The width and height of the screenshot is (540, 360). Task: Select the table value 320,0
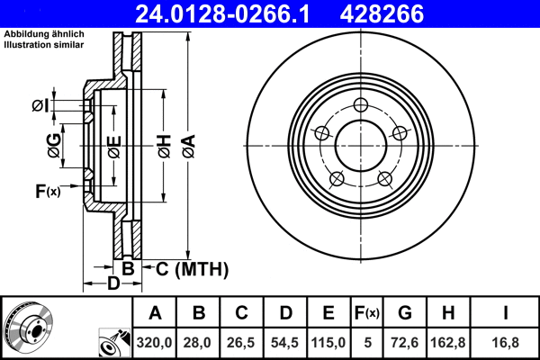point(155,341)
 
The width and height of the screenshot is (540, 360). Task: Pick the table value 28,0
point(199,341)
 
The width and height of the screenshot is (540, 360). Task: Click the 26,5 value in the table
point(242,341)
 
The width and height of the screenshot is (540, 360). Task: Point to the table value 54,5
point(285,341)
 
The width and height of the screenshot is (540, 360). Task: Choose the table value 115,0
point(328,341)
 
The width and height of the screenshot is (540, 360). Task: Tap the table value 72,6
point(405,341)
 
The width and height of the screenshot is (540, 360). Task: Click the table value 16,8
point(508,341)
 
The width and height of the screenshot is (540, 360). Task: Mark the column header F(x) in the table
point(366,313)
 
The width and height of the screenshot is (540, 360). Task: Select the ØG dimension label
point(55,148)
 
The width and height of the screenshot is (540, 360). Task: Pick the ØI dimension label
point(40,107)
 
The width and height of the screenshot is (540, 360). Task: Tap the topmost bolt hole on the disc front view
point(361,105)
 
